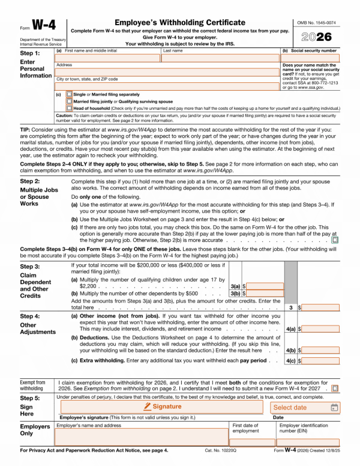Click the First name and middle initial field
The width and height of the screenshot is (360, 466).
[x=107, y=58]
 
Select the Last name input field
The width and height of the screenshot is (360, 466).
[x=220, y=58]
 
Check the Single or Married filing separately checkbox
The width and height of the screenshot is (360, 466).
[x=70, y=94]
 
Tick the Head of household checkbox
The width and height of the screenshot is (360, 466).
[x=70, y=109]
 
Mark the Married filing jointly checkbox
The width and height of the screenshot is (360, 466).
[x=70, y=101]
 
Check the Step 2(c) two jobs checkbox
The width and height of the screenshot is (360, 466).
[x=335, y=240]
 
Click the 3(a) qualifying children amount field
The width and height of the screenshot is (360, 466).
[x=265, y=286]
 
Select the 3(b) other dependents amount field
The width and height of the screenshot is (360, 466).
[x=265, y=294]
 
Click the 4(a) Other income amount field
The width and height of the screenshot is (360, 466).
[x=320, y=329]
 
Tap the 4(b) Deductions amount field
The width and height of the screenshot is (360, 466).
[x=320, y=350]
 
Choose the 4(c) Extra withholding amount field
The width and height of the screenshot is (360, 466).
[x=320, y=361]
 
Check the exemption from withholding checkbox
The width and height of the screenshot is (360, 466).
[x=335, y=389]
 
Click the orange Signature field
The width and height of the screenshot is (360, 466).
[x=161, y=407]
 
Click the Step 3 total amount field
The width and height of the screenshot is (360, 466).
[x=320, y=307]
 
